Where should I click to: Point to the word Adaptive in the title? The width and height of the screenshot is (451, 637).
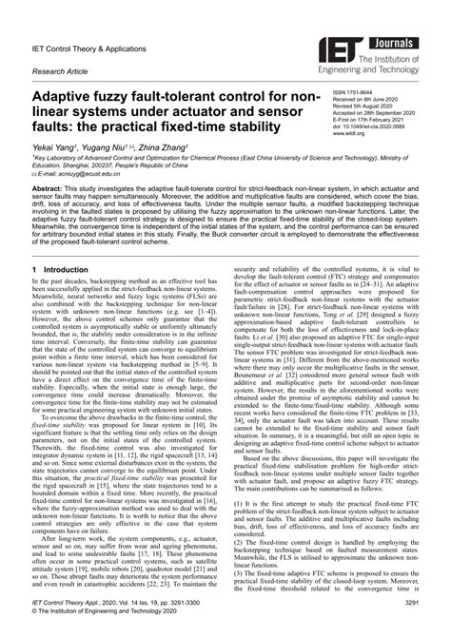pos(67,98)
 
